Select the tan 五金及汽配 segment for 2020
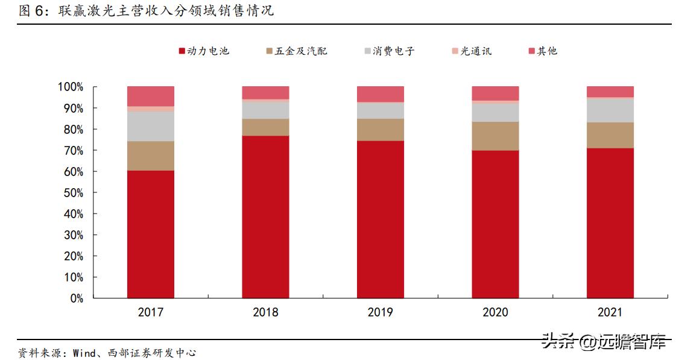pos(495,136)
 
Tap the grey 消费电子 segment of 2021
pos(610,110)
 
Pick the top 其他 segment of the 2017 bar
pos(151,96)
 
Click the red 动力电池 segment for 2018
pos(265,216)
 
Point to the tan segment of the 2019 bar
pos(381,130)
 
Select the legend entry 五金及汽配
pos(296,51)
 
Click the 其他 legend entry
pos(542,51)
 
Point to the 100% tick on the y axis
pos(71,87)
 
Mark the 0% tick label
pos(75,298)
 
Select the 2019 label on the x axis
pos(380,312)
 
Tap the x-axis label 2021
pos(610,312)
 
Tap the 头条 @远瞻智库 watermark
pos(604,342)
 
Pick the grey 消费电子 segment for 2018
pos(265,110)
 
